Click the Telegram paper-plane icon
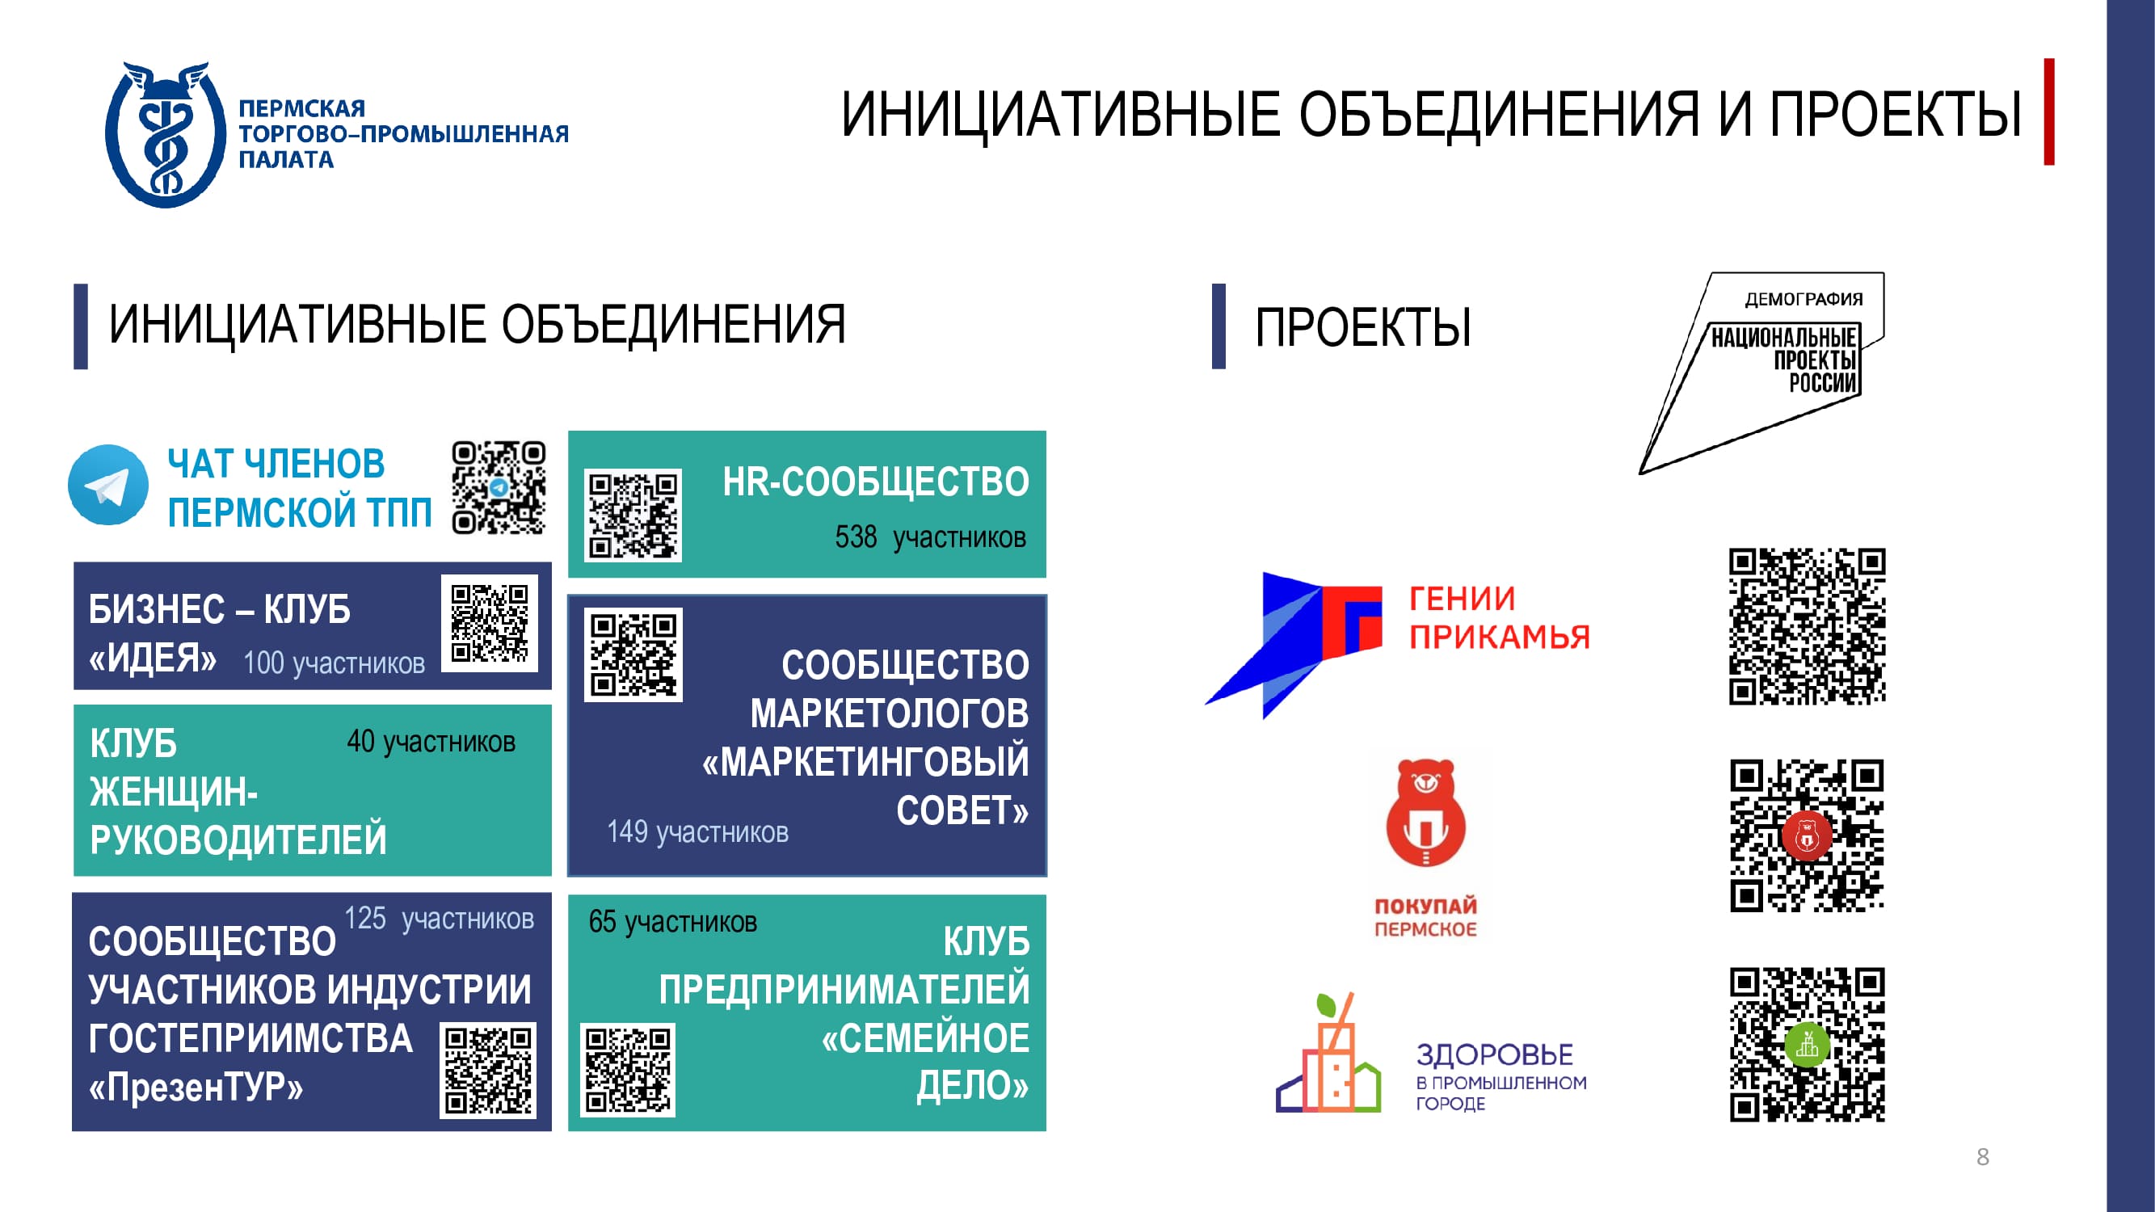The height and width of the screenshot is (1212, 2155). click(108, 485)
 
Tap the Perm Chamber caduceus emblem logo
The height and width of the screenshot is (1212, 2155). click(165, 134)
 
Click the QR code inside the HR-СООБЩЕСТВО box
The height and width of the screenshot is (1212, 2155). click(633, 515)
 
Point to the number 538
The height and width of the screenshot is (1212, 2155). click(856, 537)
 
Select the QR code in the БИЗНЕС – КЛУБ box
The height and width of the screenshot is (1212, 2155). click(490, 623)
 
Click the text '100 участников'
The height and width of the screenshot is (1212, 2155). click(334, 663)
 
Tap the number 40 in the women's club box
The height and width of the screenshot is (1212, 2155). click(361, 741)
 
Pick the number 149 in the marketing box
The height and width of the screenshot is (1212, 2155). click(627, 831)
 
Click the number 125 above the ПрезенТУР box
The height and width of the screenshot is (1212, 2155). click(365, 918)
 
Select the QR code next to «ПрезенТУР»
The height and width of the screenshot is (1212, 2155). click(488, 1071)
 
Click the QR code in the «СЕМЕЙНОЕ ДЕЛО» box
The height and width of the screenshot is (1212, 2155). click(627, 1071)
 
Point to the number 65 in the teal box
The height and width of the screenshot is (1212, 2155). click(602, 922)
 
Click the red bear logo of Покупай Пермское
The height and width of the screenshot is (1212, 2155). click(1426, 811)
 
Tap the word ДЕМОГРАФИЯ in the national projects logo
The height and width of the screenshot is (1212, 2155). click(1804, 300)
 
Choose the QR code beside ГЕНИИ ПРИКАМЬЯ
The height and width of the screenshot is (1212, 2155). click(1807, 626)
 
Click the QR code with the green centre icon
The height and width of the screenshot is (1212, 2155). click(1807, 1045)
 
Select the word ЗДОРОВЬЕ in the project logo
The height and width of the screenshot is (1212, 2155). click(1494, 1054)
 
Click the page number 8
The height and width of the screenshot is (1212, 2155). click(1983, 1157)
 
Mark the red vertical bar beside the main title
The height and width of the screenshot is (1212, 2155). click(2049, 112)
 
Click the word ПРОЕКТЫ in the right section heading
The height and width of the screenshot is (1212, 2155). click(1363, 326)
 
